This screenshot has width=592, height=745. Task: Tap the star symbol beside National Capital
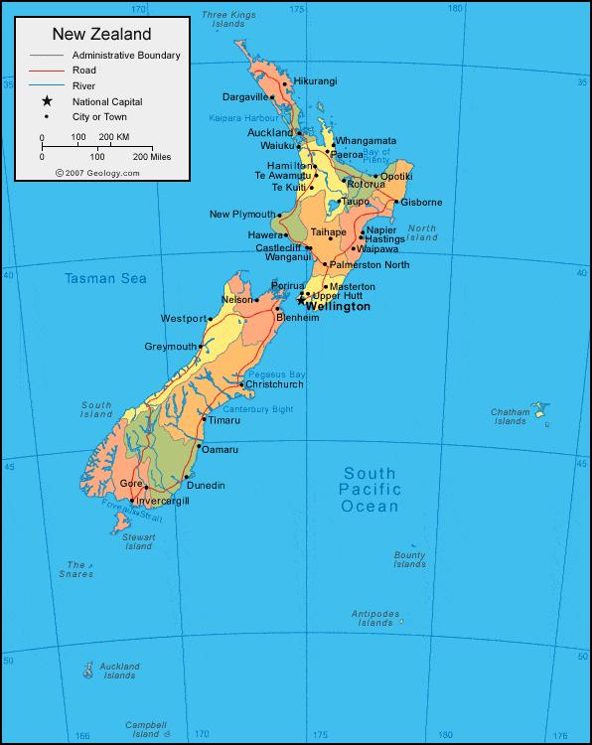tap(46, 101)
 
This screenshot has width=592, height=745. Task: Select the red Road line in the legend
tap(46, 71)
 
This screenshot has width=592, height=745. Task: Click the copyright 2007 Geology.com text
tap(97, 172)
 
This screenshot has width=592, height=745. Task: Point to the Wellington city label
tap(338, 307)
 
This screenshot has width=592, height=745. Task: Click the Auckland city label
tap(270, 132)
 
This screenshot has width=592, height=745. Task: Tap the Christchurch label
tap(274, 384)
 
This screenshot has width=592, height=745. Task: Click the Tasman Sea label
tap(105, 279)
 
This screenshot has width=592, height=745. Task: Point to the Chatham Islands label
tap(510, 416)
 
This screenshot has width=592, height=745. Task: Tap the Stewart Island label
tap(139, 541)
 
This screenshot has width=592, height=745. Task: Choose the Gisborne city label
tap(421, 203)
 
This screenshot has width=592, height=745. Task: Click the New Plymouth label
tap(242, 215)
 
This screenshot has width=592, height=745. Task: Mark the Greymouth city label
tap(171, 347)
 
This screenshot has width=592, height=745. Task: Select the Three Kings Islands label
tap(229, 18)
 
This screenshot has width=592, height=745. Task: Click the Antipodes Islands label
tap(375, 618)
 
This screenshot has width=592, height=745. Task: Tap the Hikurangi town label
tap(315, 79)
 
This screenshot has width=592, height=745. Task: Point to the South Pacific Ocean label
tap(370, 490)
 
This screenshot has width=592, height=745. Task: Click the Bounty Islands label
tap(409, 560)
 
